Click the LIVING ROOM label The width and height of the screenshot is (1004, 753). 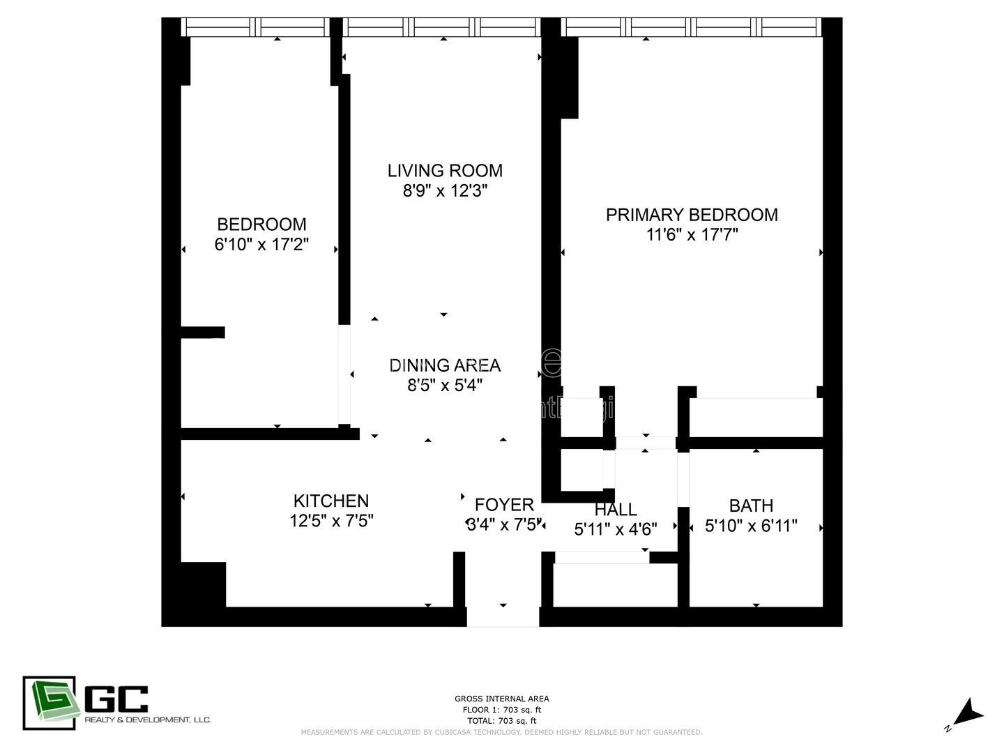tap(445, 171)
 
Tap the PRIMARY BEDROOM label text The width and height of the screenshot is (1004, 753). tap(692, 215)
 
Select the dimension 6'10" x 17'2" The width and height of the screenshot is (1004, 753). tap(261, 245)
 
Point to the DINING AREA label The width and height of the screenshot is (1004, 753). tap(445, 365)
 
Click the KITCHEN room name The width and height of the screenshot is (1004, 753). tap(331, 501)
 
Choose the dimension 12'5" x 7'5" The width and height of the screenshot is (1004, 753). tap(331, 522)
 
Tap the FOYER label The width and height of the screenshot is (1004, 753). tap(504, 505)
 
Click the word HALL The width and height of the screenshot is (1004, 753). tap(616, 510)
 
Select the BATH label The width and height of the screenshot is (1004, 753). tap(751, 505)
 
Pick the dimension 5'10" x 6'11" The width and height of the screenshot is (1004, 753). tap(751, 526)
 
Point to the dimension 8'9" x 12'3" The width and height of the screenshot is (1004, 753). tap(445, 191)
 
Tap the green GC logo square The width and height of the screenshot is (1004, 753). tap(49, 703)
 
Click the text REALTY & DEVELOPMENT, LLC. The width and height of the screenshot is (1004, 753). tap(147, 720)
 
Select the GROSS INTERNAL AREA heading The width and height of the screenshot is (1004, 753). tap(501, 699)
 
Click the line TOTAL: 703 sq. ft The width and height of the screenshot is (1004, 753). tap(501, 721)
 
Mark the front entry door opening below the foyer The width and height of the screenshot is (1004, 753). tap(503, 617)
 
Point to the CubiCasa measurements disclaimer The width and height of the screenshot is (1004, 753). tap(501, 732)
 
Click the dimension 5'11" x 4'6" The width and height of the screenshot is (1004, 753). tap(616, 530)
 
